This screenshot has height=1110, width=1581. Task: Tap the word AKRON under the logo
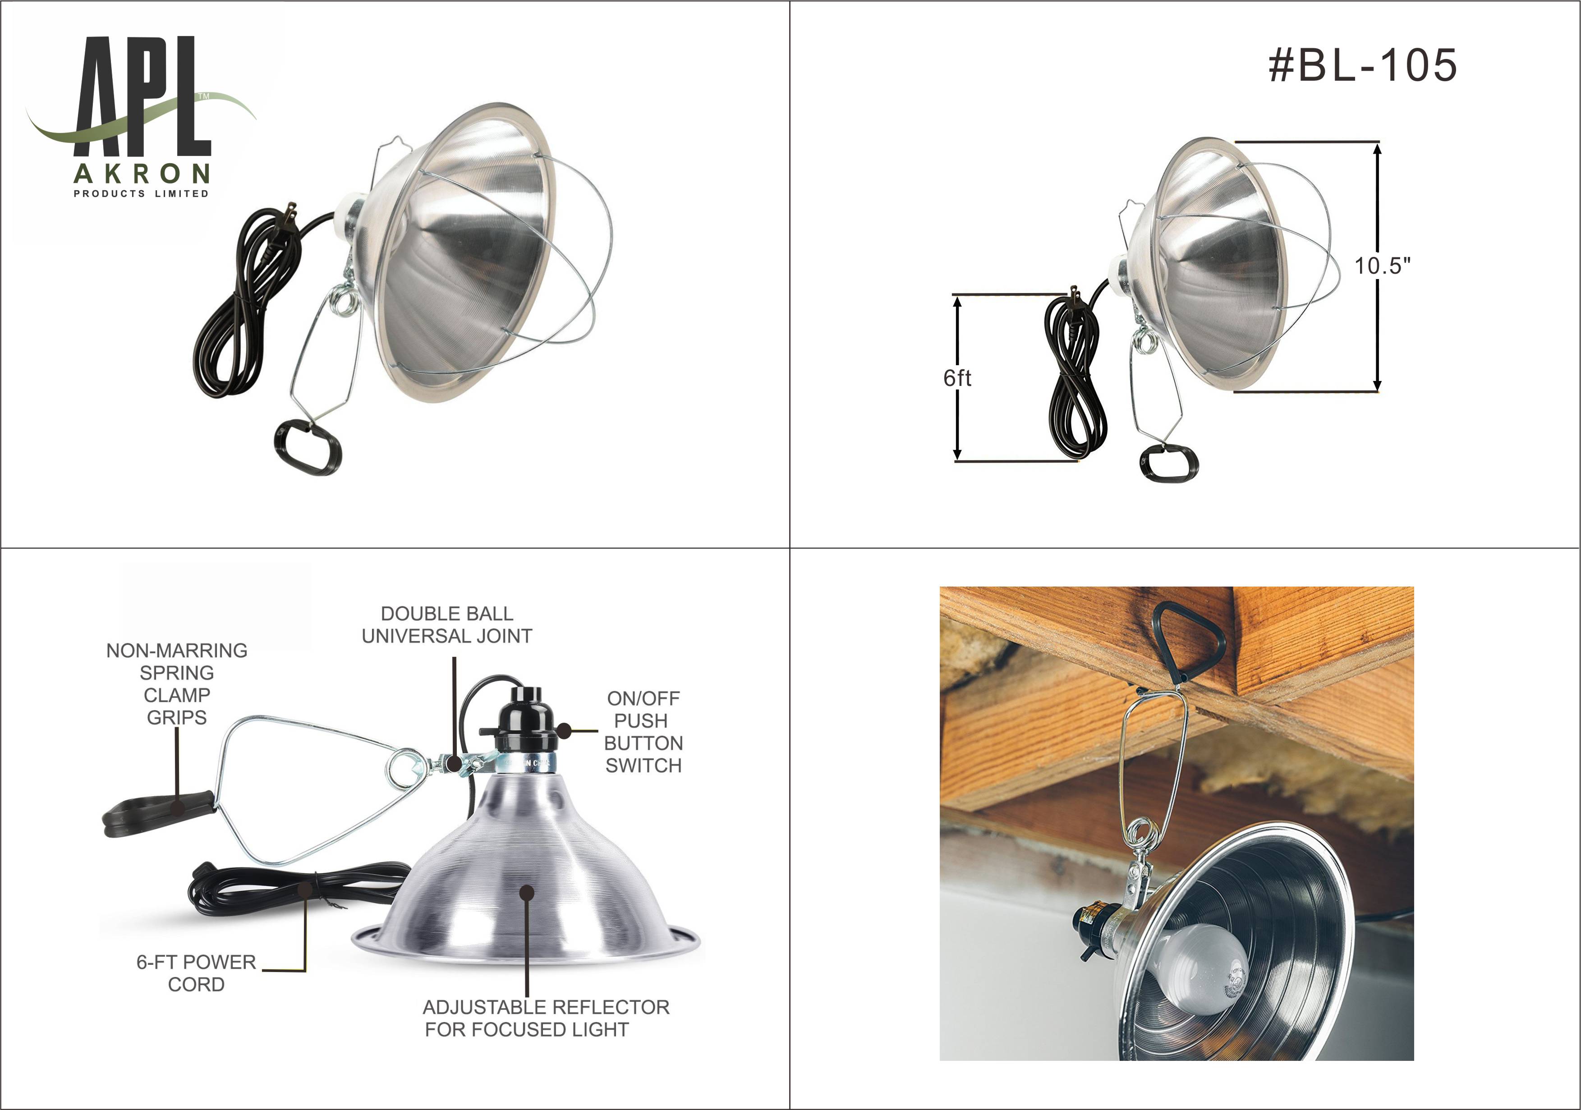142,174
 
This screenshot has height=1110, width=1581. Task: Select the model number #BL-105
1363,65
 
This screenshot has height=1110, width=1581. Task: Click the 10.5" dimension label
1383,266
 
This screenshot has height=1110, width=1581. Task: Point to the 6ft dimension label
957,377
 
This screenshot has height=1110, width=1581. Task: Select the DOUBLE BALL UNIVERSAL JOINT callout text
447,624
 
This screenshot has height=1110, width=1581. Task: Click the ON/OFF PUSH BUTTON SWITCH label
643,732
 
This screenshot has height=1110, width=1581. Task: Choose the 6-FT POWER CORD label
196,973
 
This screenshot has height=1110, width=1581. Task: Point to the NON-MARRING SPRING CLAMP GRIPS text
177,684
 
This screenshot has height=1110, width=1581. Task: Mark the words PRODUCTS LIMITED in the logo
141,193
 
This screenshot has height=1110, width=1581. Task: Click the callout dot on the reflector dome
527,893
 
